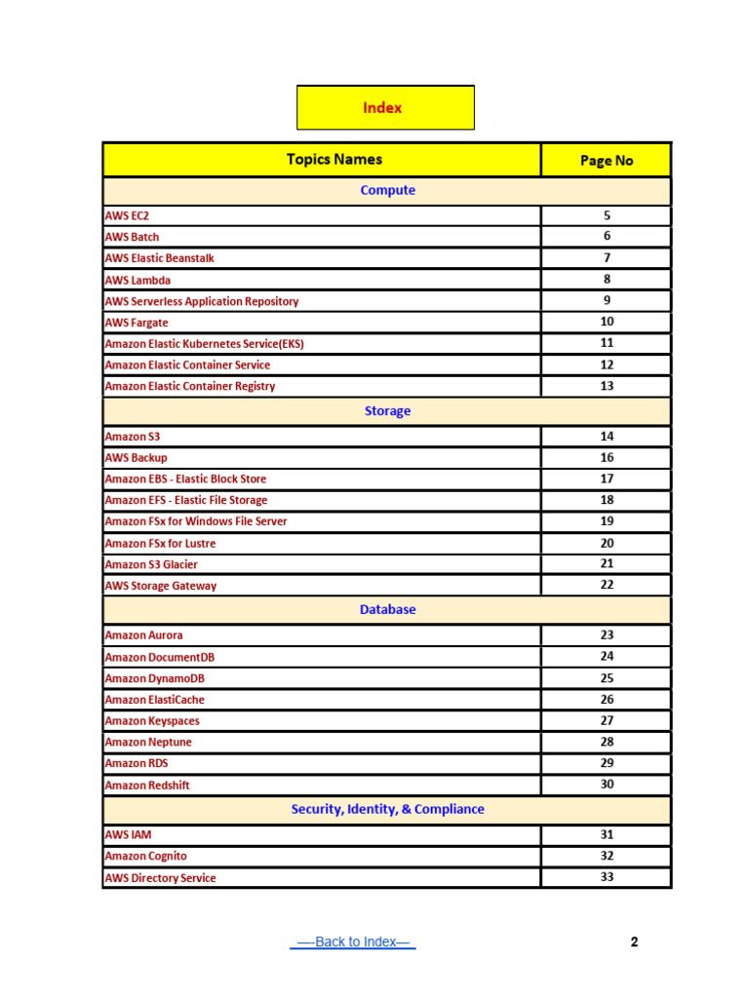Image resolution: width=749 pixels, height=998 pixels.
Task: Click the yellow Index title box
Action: tap(384, 107)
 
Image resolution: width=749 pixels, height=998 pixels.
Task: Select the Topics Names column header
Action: tap(334, 159)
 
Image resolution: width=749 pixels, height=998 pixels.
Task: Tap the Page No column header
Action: tap(606, 160)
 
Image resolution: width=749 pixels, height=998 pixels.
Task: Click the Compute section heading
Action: tap(387, 190)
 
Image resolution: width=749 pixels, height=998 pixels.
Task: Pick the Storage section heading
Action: tap(387, 410)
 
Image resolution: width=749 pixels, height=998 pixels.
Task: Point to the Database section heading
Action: tap(387, 609)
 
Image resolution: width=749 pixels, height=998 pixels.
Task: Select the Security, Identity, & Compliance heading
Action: tap(387, 809)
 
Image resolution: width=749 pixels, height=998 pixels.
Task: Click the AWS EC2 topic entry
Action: tap(127, 215)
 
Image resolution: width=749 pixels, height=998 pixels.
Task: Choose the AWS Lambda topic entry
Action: tap(138, 280)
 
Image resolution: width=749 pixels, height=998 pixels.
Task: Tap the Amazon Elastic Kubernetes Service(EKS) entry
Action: tap(211, 344)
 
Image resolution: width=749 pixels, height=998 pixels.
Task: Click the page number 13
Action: tap(607, 386)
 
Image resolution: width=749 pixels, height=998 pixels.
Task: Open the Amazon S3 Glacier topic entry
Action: tap(151, 564)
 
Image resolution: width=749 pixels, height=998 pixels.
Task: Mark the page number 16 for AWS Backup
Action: tap(607, 457)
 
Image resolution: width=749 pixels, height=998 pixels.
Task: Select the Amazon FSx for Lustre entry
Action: tap(160, 543)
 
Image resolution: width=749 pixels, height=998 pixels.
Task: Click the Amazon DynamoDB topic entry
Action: tap(154, 678)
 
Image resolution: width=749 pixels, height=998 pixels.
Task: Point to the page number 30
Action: tap(607, 785)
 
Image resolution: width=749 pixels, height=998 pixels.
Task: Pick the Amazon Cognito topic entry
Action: tap(145, 856)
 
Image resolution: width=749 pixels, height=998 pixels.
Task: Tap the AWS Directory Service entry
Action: tap(160, 878)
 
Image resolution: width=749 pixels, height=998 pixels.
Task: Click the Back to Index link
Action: tap(353, 941)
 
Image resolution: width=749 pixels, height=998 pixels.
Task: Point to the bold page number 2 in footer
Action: tap(634, 941)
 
